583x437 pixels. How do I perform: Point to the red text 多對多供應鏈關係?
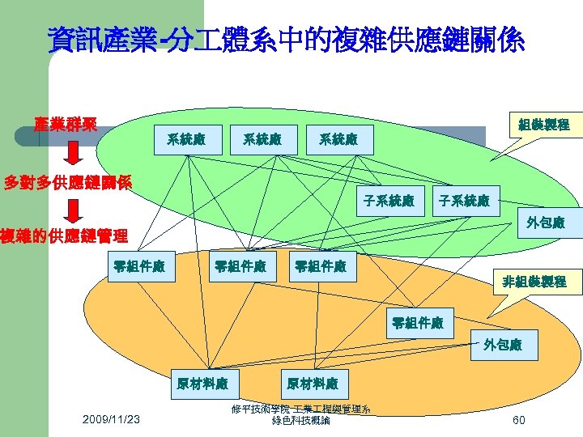[68, 182]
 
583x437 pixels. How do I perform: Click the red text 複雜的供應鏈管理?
[64, 236]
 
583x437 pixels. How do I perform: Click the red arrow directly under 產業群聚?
[72, 151]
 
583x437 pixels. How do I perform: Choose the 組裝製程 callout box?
[543, 125]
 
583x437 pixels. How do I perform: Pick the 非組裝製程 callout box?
[534, 282]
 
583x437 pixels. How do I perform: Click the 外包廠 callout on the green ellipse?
[544, 222]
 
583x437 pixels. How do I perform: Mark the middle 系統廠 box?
[262, 139]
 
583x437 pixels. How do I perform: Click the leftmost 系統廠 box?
[185, 139]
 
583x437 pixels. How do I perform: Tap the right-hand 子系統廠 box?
[464, 200]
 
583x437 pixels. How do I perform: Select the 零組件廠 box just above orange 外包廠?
[418, 322]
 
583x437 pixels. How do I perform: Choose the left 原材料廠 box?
[202, 383]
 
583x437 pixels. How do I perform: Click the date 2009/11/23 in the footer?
[111, 418]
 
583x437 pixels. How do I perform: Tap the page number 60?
[518, 419]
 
